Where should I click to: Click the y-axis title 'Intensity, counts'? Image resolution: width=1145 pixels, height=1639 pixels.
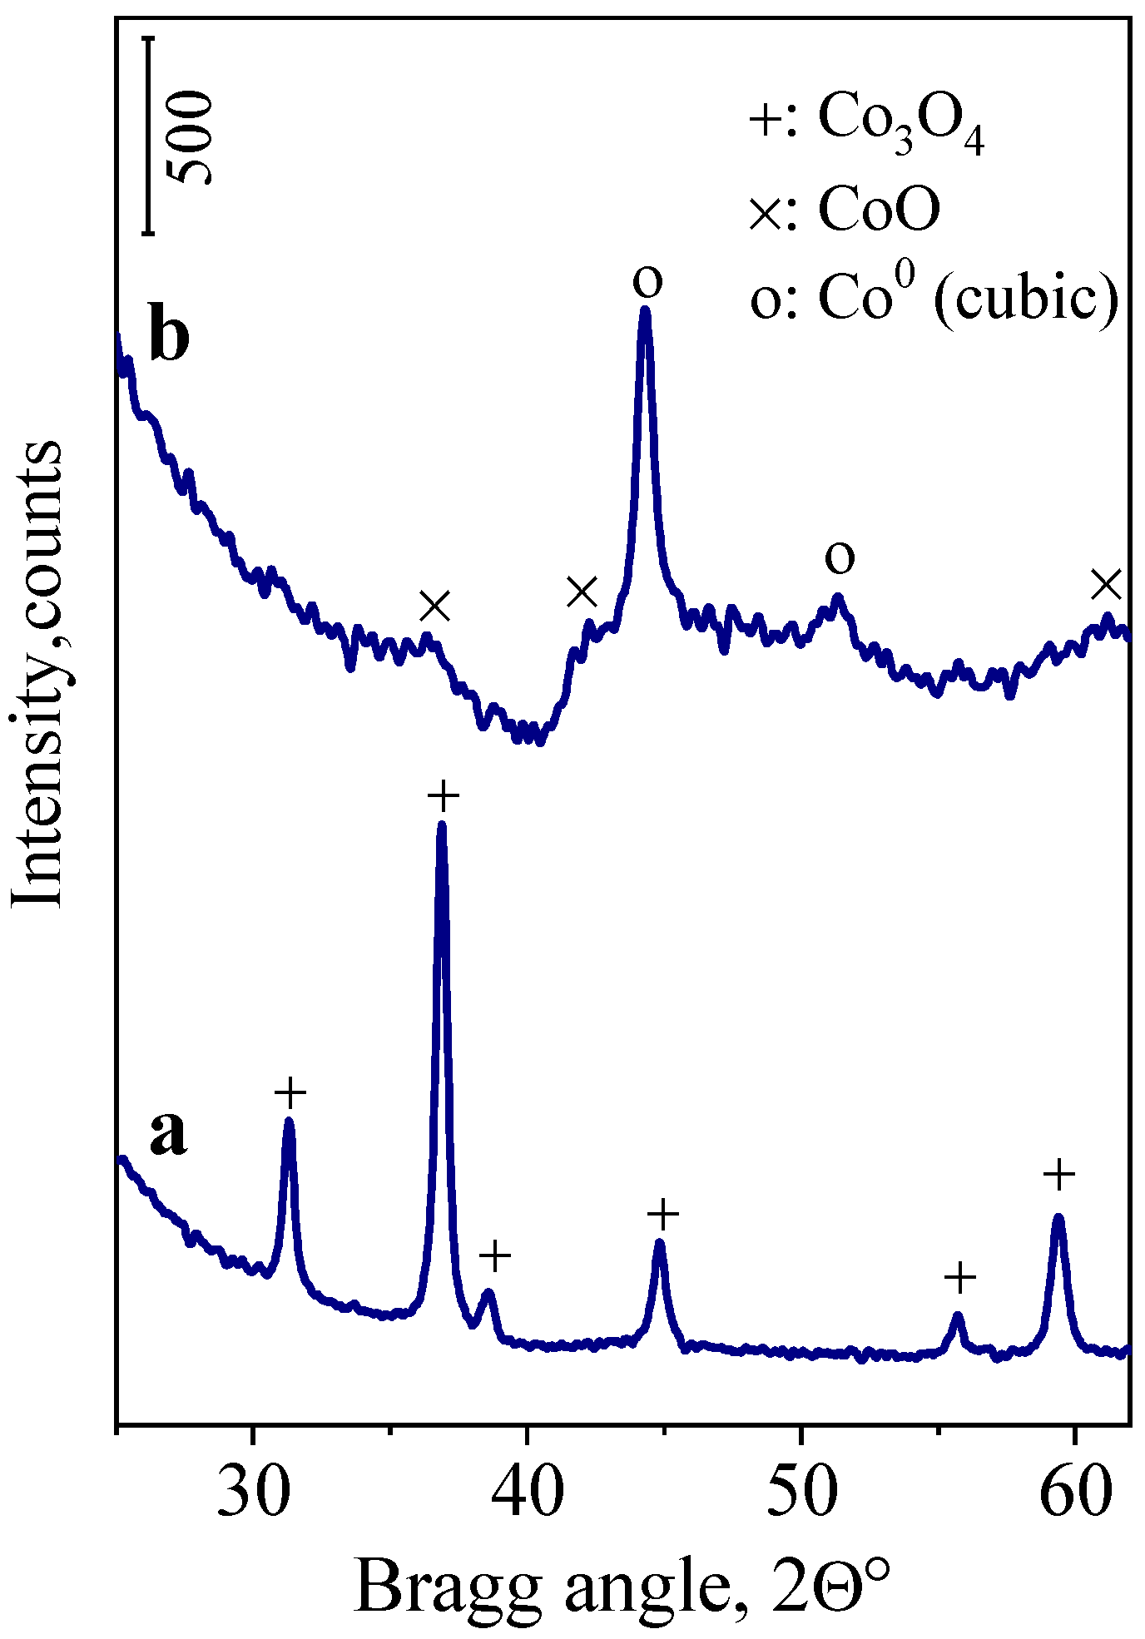click(x=38, y=674)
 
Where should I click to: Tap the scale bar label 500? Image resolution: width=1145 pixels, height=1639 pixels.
click(x=190, y=137)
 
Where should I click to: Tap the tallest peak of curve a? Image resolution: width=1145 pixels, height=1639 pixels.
click(x=442, y=826)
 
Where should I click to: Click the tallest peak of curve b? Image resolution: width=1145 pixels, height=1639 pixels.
click(x=645, y=311)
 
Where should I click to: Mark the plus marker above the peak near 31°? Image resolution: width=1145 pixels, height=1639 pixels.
click(x=290, y=1092)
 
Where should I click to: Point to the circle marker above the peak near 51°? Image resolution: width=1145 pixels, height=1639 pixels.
click(x=840, y=557)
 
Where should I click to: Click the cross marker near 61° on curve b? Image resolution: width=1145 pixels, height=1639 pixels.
click(x=1107, y=585)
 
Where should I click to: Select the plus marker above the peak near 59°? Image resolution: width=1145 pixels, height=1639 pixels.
click(x=1059, y=1174)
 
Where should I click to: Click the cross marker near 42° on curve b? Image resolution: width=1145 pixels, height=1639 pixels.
click(x=582, y=592)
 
